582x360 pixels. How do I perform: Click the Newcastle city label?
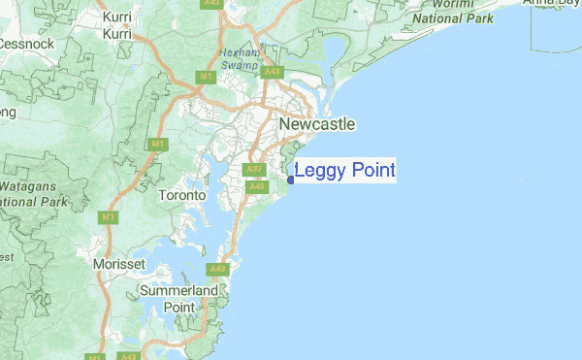316,125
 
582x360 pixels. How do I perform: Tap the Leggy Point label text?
344,172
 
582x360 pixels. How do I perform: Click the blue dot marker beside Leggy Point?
291,179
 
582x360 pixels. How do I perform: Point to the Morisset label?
119,264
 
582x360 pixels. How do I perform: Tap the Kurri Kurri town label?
116,25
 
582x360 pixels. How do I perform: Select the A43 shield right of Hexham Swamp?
272,72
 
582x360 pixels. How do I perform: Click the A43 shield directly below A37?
256,186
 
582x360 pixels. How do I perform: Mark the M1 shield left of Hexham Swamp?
205,77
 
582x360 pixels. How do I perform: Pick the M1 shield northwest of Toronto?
157,144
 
